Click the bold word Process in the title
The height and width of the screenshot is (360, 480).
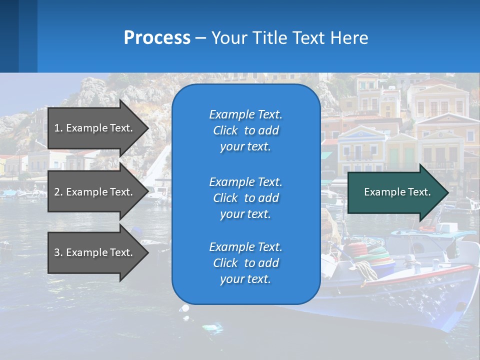coord(157,38)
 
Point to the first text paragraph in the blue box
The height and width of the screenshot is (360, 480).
coord(245,130)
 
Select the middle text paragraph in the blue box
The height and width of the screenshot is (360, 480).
coord(245,198)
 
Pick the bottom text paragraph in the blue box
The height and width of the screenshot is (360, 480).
coord(245,263)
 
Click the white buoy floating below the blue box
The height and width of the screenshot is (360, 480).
coord(185,308)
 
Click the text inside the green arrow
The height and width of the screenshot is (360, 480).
coord(397,192)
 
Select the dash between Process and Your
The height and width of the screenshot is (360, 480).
coord(201,38)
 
